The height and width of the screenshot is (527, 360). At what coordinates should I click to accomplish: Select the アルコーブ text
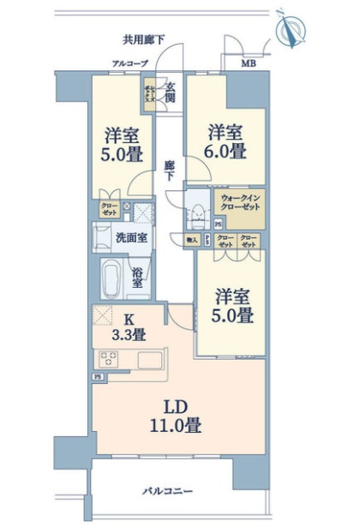click(130, 63)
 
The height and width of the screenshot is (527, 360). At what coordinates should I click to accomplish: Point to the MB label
click(247, 63)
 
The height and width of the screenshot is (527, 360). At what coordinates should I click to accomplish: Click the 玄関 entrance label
click(171, 90)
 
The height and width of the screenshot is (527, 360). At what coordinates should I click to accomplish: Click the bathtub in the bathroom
click(111, 278)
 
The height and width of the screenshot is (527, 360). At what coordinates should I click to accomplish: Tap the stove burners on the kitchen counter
click(109, 359)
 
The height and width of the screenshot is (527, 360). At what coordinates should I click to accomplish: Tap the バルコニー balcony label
click(167, 491)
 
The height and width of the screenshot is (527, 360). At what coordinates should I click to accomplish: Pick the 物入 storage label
click(192, 241)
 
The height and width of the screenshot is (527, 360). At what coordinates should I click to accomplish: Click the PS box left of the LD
click(97, 377)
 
